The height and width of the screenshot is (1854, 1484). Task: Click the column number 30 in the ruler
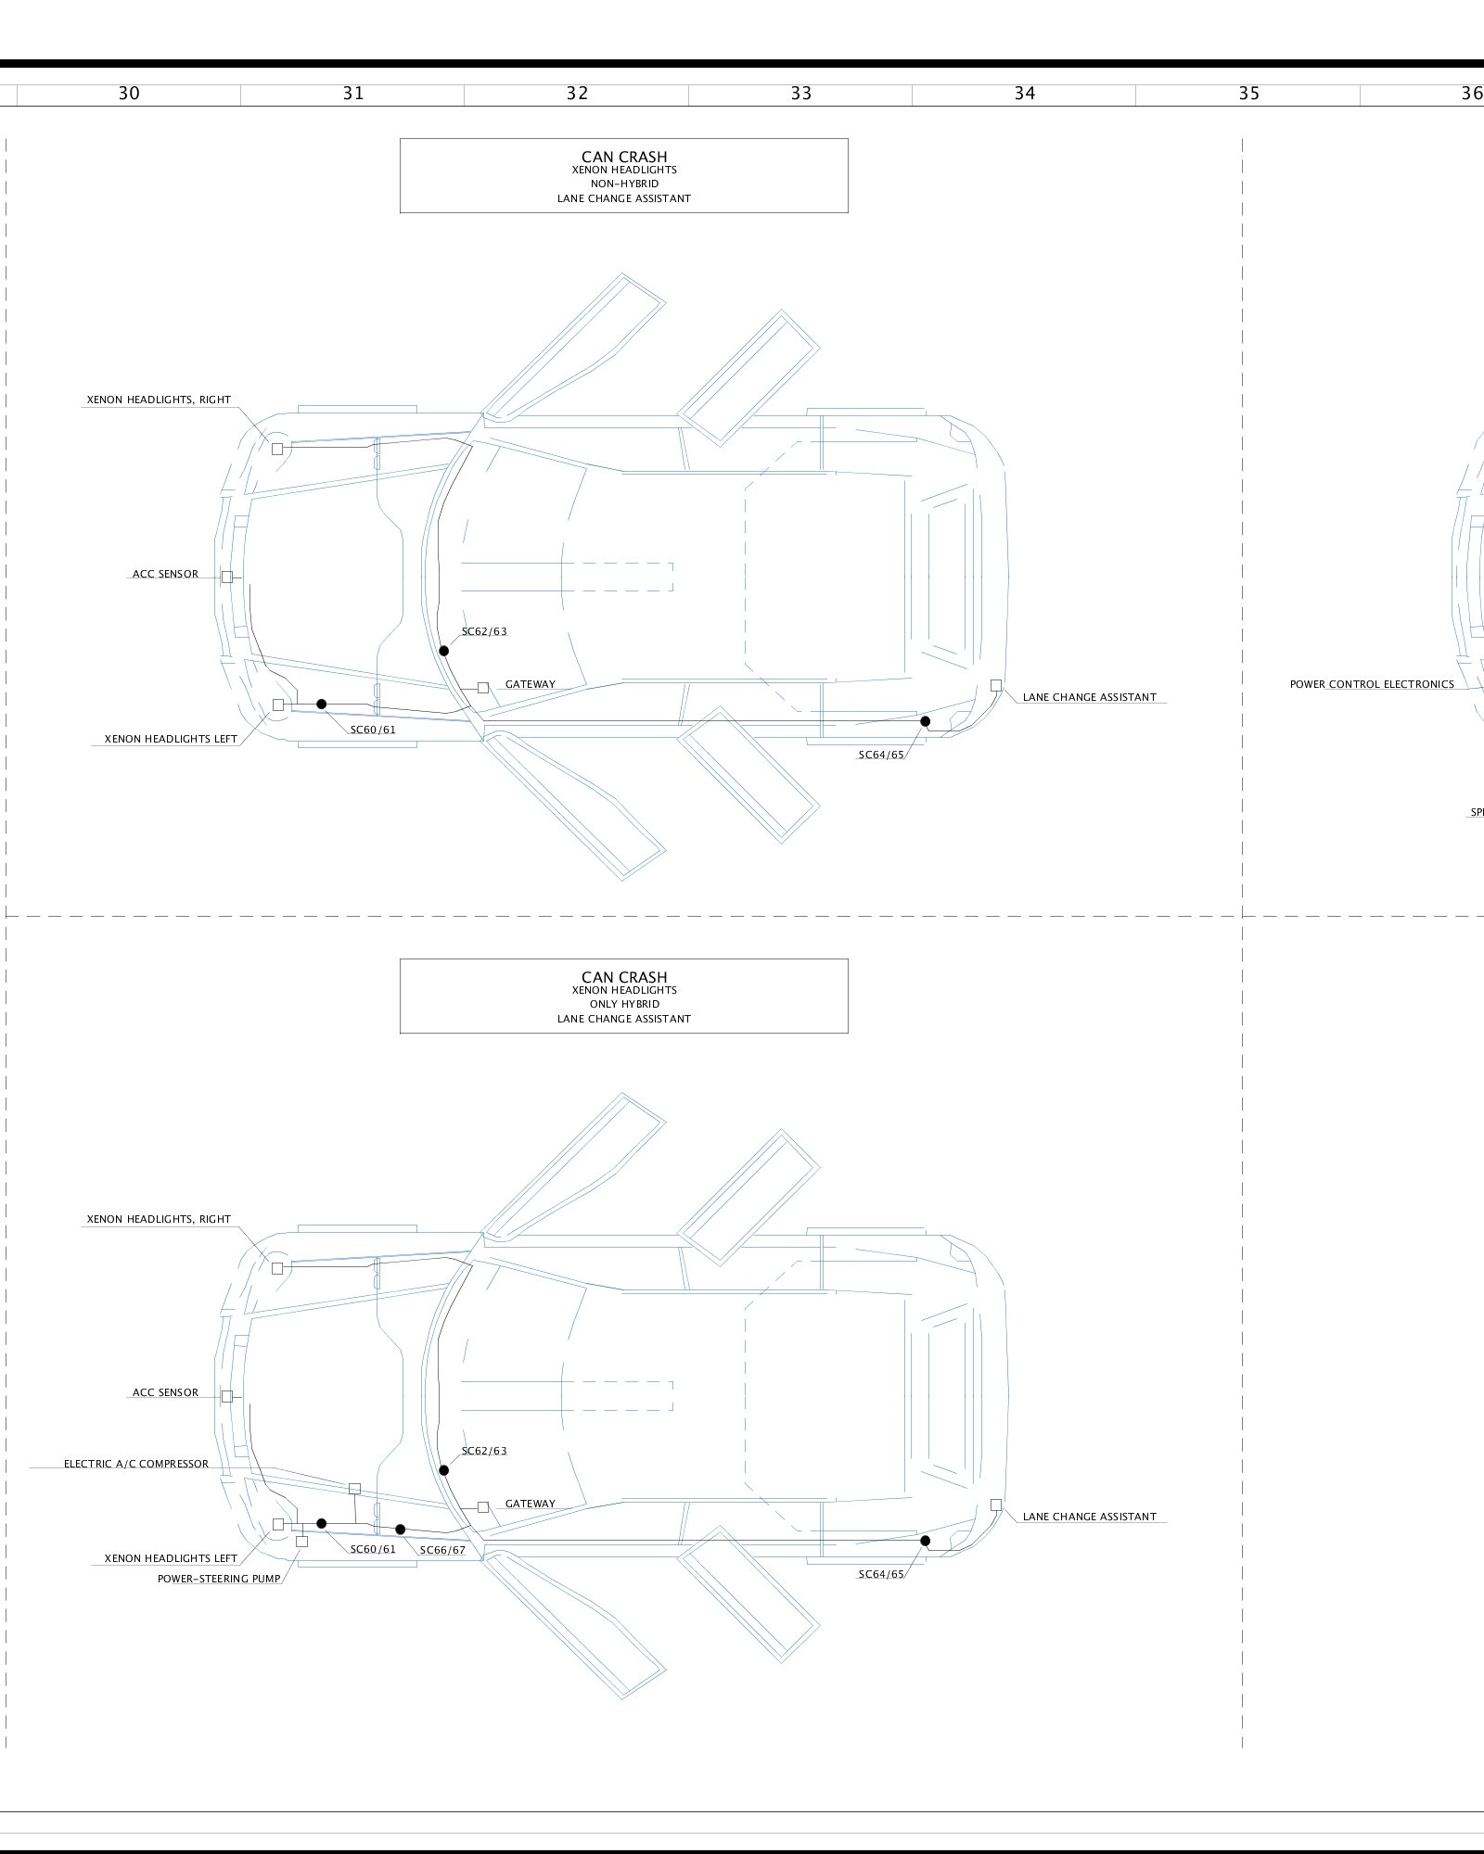click(129, 93)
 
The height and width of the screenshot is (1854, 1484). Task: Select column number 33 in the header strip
click(800, 93)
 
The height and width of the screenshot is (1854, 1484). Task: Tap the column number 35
click(1248, 93)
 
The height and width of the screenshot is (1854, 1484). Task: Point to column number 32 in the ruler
click(577, 93)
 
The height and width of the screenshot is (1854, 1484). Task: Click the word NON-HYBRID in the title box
click(624, 184)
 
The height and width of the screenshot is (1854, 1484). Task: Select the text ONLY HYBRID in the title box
click(624, 1004)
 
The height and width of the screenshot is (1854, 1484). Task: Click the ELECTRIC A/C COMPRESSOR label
click(136, 1464)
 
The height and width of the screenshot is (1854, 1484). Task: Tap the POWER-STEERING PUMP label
click(219, 1579)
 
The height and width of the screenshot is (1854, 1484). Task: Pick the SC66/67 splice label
click(442, 1550)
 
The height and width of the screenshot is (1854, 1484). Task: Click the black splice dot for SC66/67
click(401, 1529)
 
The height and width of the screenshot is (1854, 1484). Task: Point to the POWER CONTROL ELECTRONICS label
click(1372, 684)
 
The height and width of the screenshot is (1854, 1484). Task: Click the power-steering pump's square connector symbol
click(301, 1541)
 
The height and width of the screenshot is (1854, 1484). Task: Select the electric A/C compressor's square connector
click(354, 1488)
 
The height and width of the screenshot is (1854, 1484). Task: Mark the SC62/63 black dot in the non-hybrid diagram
click(444, 651)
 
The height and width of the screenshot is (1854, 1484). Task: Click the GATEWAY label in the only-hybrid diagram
click(531, 1504)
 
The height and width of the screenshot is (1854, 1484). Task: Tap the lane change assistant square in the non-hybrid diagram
click(996, 685)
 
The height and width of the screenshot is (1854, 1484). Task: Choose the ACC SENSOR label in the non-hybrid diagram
click(165, 574)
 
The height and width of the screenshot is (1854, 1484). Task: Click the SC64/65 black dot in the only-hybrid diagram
click(925, 1541)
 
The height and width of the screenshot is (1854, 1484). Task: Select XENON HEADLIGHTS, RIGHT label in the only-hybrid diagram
click(159, 1219)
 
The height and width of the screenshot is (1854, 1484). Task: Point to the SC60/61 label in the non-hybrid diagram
click(373, 730)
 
